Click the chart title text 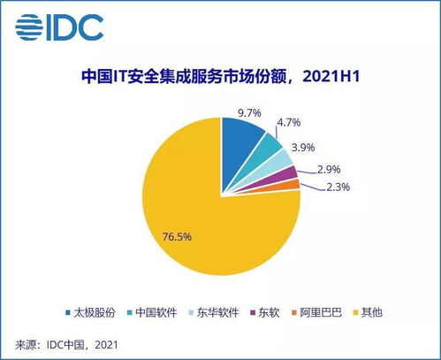220,77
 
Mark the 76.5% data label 176,236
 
